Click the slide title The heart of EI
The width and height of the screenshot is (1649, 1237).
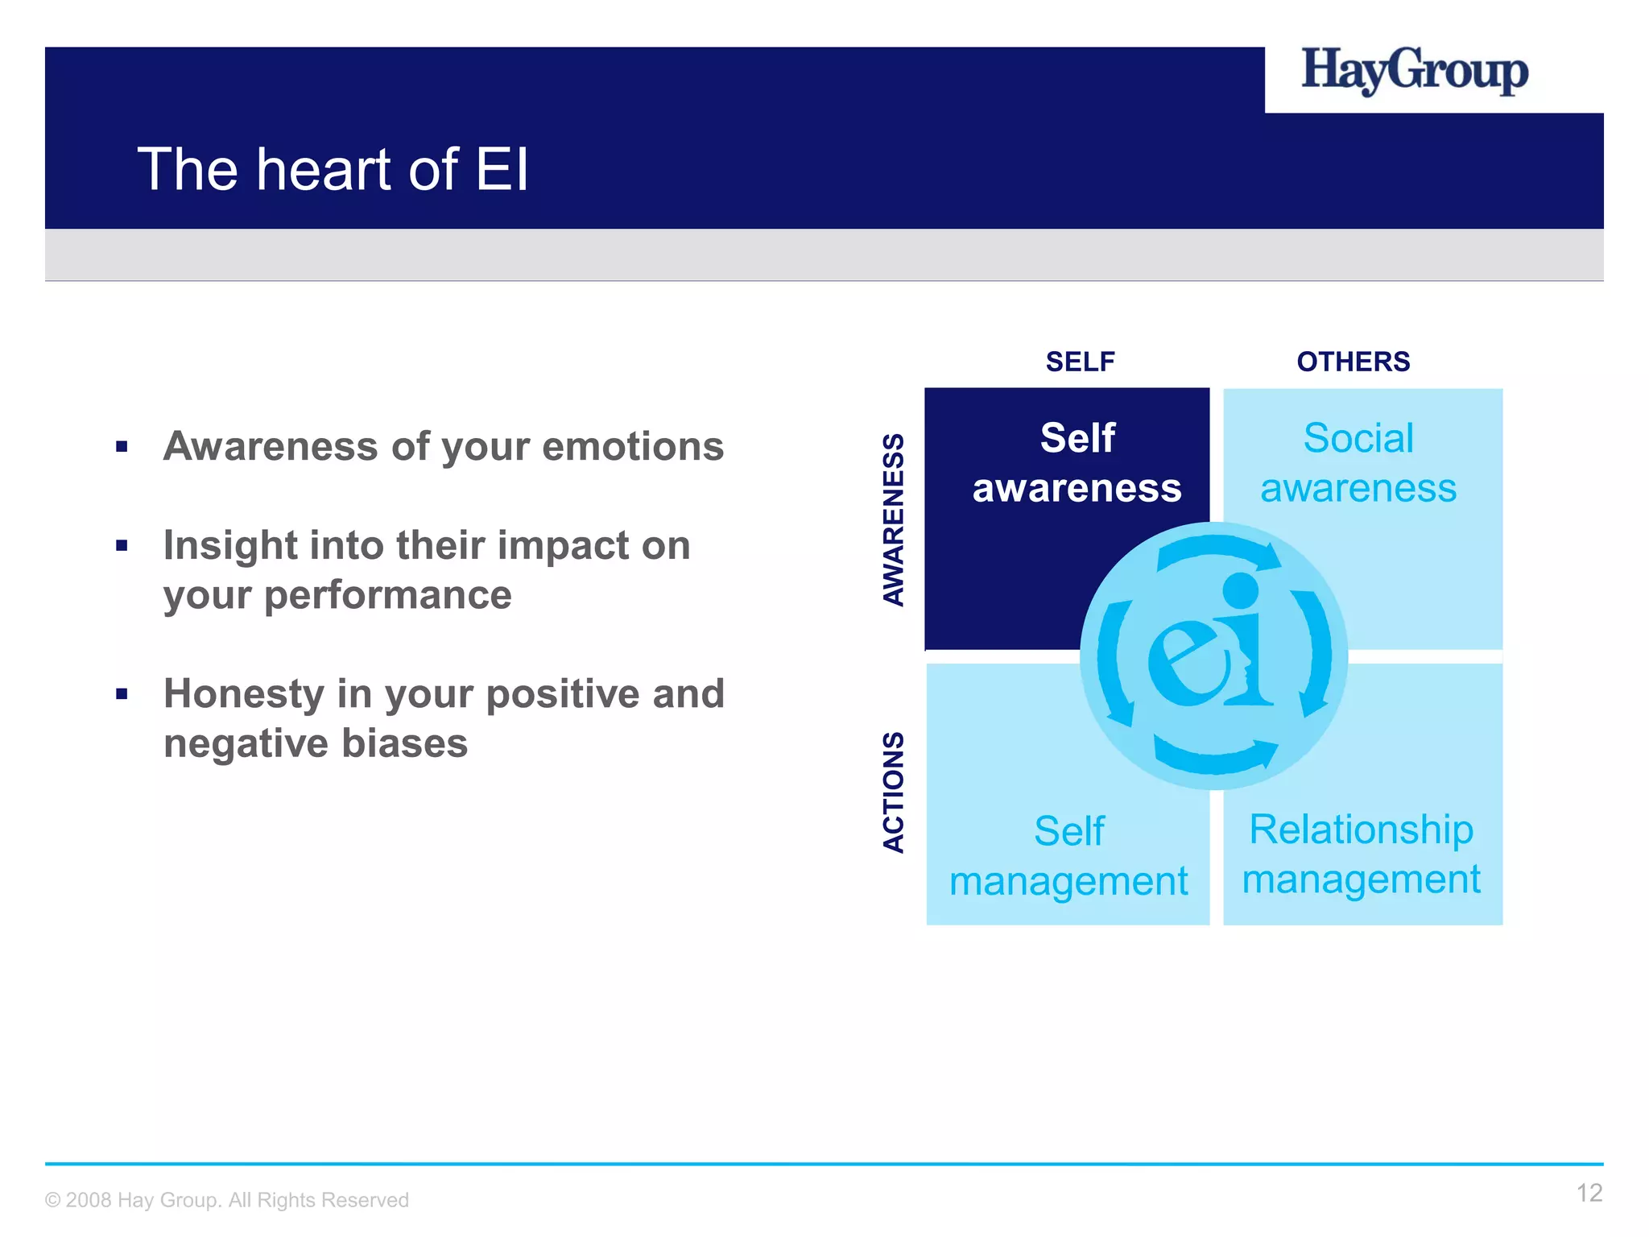[333, 170]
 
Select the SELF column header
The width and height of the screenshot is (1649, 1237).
[1080, 362]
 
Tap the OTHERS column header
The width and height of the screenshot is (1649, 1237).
[1353, 362]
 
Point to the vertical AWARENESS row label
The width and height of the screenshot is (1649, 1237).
[894, 519]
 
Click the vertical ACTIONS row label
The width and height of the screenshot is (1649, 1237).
[894, 792]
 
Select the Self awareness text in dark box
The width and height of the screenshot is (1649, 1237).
[1077, 463]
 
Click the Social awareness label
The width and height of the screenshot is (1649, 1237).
[1358, 463]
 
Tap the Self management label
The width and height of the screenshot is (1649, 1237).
[1068, 856]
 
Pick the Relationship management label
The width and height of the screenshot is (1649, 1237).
[1361, 854]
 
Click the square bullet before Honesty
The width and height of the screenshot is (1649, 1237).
[122, 693]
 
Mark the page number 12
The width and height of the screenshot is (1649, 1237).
[1589, 1193]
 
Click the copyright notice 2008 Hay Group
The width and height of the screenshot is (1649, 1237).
[227, 1200]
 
